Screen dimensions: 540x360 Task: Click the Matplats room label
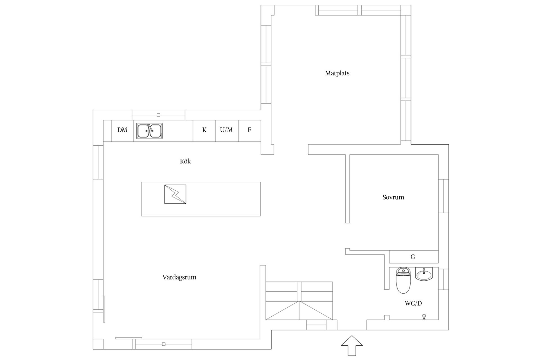(x=337, y=73)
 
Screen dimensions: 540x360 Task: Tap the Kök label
(x=185, y=161)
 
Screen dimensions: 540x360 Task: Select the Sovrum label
(x=393, y=197)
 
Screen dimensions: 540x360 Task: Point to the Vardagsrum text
(x=179, y=277)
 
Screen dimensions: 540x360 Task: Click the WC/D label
(x=413, y=303)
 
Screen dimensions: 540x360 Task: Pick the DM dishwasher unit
(x=122, y=131)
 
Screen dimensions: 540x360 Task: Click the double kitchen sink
(x=149, y=131)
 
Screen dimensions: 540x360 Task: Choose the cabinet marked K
(x=204, y=131)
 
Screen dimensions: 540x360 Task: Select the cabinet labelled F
(x=249, y=131)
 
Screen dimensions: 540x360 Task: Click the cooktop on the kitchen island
(x=175, y=194)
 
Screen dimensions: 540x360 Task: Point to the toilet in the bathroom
(x=404, y=280)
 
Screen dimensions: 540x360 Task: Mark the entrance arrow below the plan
(x=352, y=345)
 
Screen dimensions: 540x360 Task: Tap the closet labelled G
(x=414, y=257)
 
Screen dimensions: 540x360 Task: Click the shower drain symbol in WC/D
(x=424, y=317)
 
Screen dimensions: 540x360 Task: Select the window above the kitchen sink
(x=159, y=115)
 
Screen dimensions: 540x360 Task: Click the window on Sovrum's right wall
(x=444, y=196)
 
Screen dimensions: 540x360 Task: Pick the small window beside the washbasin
(x=444, y=279)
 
